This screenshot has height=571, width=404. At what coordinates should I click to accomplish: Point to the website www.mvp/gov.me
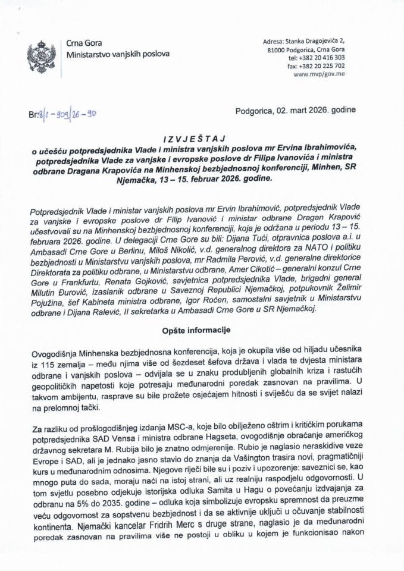point(319,74)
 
